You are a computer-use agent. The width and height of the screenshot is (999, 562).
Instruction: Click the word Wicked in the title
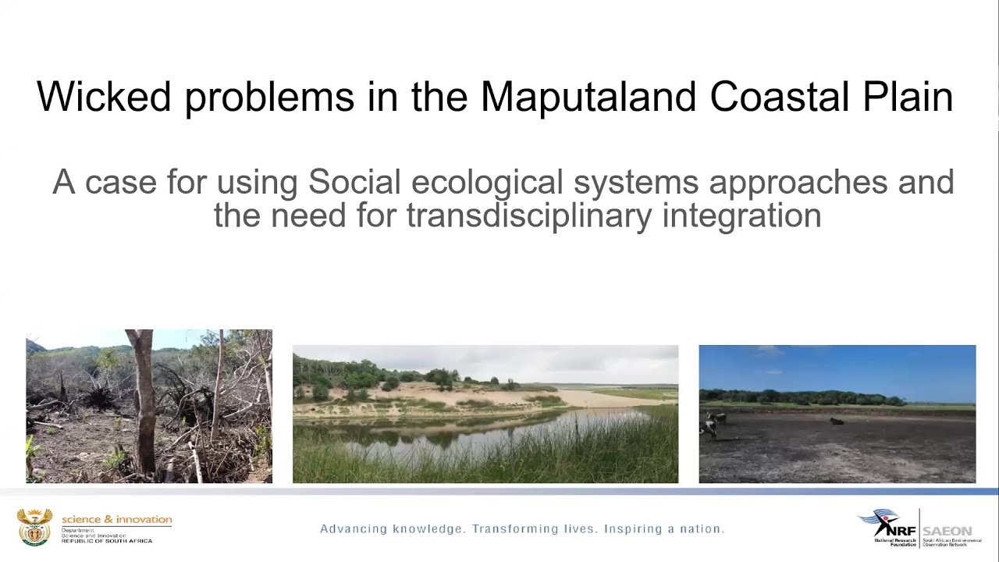point(103,98)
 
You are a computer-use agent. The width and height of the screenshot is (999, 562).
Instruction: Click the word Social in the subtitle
point(354,183)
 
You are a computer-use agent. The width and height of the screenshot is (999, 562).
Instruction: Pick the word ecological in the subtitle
point(486,183)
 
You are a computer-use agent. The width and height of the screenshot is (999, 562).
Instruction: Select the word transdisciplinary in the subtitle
point(528,216)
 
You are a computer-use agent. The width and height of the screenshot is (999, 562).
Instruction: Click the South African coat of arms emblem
point(34,527)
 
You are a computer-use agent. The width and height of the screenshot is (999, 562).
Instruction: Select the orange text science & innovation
point(117,519)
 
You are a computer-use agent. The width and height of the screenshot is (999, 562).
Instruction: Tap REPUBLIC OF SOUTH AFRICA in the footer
point(107,541)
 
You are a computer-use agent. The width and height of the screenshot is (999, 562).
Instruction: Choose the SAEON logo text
point(947,531)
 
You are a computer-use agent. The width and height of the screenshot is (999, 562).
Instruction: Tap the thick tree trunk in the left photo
point(144,398)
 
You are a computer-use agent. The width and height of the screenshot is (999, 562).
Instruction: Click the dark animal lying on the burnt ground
point(836,421)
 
